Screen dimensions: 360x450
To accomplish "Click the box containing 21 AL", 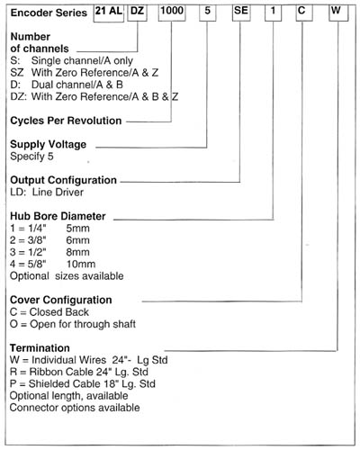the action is tap(109, 13).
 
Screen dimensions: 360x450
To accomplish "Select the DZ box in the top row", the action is tap(137, 13).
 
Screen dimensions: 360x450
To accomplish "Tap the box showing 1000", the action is tap(172, 13).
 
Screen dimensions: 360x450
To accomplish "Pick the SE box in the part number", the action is tap(241, 13).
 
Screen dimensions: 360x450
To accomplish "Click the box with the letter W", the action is tap(338, 13).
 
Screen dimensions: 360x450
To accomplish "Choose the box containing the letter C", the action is tap(304, 13).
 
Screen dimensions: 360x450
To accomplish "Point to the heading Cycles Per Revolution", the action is tap(66, 121).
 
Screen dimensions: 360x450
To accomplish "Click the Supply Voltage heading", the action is tap(49, 144).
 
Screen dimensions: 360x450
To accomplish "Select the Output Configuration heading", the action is tap(63, 180).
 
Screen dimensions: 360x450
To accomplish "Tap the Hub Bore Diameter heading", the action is tap(58, 216).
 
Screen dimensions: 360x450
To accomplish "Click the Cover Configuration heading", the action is tap(61, 300).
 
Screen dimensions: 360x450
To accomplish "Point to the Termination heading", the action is tap(40, 348).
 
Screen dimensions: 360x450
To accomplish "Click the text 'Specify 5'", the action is tap(31, 157).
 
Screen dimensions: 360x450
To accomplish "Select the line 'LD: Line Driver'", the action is tap(47, 192).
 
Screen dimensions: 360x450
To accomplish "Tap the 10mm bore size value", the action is tap(81, 264).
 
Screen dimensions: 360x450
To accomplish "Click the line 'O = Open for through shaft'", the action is tap(73, 324).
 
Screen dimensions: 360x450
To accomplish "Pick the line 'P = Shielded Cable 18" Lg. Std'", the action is tap(83, 384).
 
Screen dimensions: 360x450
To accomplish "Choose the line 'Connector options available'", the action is tap(75, 408).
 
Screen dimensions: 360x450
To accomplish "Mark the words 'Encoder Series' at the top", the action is tap(49, 13).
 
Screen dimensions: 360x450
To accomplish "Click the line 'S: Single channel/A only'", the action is tap(72, 60).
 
